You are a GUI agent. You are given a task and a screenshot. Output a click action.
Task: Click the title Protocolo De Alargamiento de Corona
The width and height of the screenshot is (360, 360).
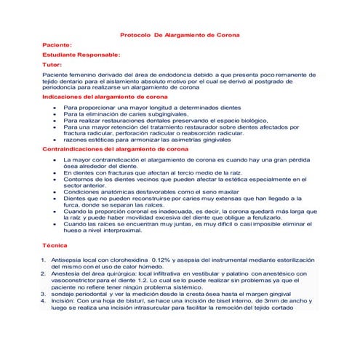coord(179,34)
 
